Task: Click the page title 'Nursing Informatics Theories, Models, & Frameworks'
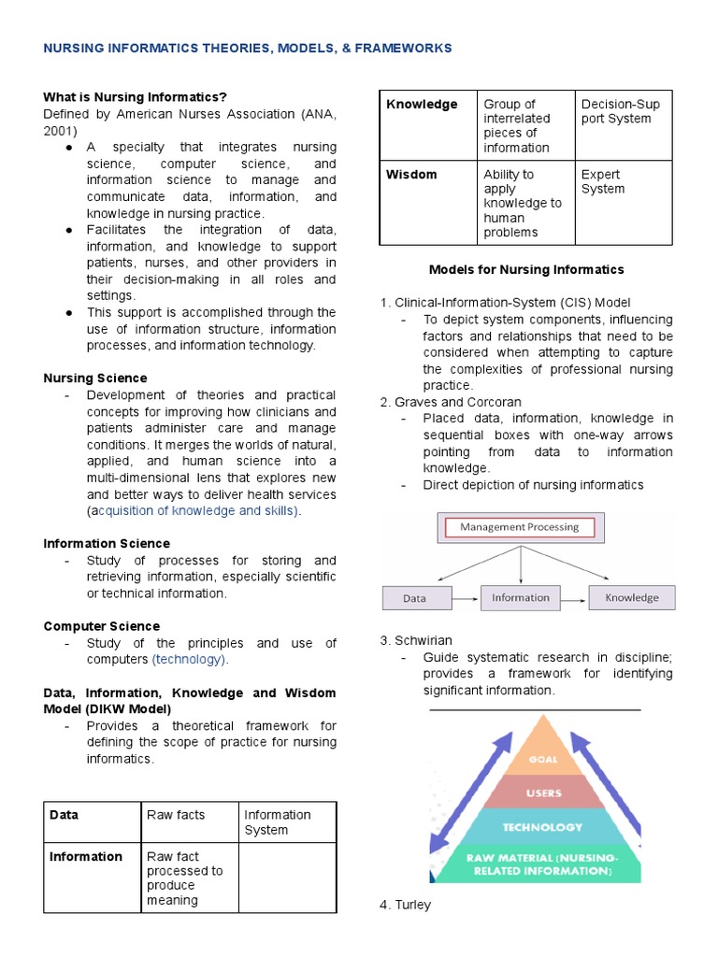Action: tap(248, 48)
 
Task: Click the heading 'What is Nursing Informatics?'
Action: tap(136, 97)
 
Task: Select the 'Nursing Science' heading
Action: tap(95, 379)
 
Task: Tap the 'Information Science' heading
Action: tap(107, 543)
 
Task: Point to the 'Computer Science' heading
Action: tap(102, 626)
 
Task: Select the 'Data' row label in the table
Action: tap(65, 815)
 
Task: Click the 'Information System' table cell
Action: tap(278, 822)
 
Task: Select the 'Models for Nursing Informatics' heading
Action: tap(525, 270)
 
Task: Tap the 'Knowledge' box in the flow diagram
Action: tap(631, 598)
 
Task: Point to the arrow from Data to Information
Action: tap(466, 598)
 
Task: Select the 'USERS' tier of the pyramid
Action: tap(543, 793)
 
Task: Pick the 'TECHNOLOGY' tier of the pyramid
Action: tap(542, 827)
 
